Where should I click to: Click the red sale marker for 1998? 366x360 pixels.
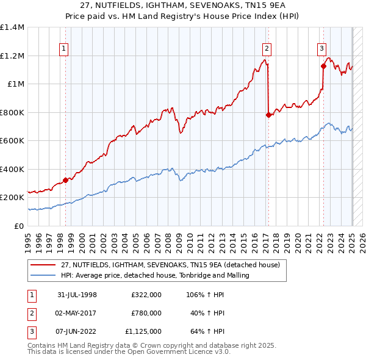click(65, 180)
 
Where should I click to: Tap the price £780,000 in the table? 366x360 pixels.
click(146, 313)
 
